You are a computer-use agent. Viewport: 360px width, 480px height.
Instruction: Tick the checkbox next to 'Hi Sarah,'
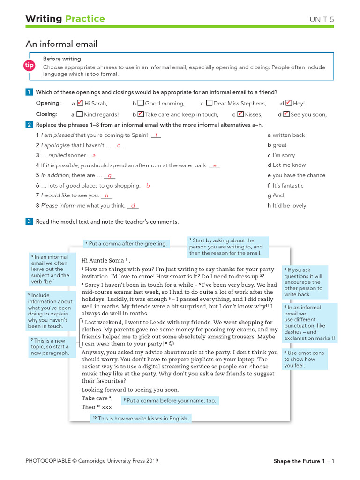tap(80, 103)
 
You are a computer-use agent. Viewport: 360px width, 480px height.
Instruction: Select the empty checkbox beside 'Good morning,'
tap(141, 103)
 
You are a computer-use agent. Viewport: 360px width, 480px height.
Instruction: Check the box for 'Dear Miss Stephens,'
tap(209, 103)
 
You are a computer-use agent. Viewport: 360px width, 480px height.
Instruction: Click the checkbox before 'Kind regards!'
tap(80, 114)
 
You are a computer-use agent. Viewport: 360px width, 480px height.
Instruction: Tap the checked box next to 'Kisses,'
tap(240, 114)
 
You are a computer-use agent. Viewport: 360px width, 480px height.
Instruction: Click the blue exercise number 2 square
tap(30, 125)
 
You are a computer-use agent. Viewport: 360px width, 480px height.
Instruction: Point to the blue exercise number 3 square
tap(30, 221)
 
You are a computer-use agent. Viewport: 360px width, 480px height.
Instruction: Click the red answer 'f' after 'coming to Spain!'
tap(156, 135)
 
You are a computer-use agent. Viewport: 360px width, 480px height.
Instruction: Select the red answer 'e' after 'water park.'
tap(215, 165)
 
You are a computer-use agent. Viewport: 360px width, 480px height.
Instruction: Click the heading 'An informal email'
tap(61, 44)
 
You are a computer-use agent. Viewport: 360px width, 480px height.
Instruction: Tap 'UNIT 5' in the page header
tap(322, 19)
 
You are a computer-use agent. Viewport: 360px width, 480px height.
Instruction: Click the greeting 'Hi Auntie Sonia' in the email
tap(103, 260)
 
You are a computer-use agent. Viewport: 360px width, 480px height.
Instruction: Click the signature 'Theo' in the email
tap(88, 407)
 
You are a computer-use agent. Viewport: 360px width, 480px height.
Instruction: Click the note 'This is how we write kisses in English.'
tap(141, 419)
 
